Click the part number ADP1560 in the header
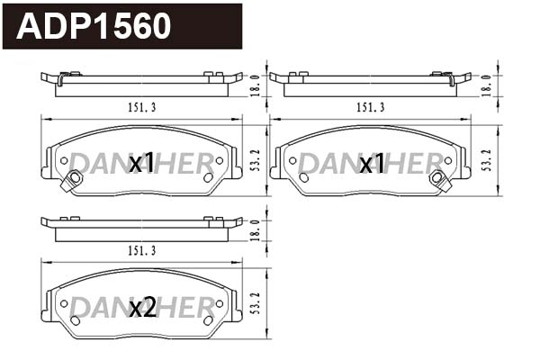click(x=94, y=26)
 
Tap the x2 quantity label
click(x=142, y=308)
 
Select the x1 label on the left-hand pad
click(x=142, y=164)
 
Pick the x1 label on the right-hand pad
click(x=372, y=164)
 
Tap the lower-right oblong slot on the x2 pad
click(x=208, y=320)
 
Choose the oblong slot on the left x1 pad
click(x=208, y=177)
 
